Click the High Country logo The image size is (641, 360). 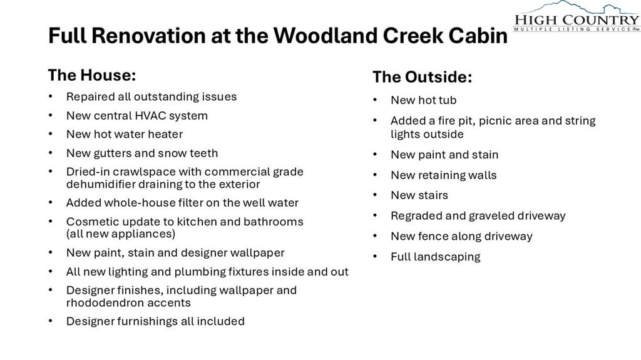(x=577, y=16)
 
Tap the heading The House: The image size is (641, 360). (x=92, y=75)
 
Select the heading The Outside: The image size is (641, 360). (x=423, y=77)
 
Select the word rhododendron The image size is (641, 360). (x=99, y=303)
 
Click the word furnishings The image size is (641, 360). (x=147, y=321)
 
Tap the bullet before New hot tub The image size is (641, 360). (x=375, y=100)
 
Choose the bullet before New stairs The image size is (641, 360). (x=375, y=195)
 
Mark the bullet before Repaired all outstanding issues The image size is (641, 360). (x=50, y=96)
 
